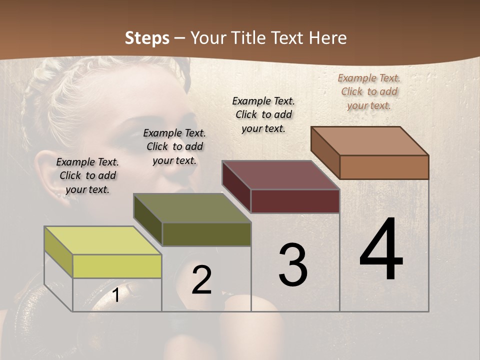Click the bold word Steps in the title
147,38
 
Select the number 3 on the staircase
292,265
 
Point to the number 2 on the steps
202,280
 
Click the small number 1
115,295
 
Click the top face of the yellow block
102,240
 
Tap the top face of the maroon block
280,175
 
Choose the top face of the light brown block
369,141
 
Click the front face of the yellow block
117,266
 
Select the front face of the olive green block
206,234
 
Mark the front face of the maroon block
294,201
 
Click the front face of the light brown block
383,167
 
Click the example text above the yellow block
87,175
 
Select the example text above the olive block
174,146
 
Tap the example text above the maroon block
263,114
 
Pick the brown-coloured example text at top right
369,91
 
